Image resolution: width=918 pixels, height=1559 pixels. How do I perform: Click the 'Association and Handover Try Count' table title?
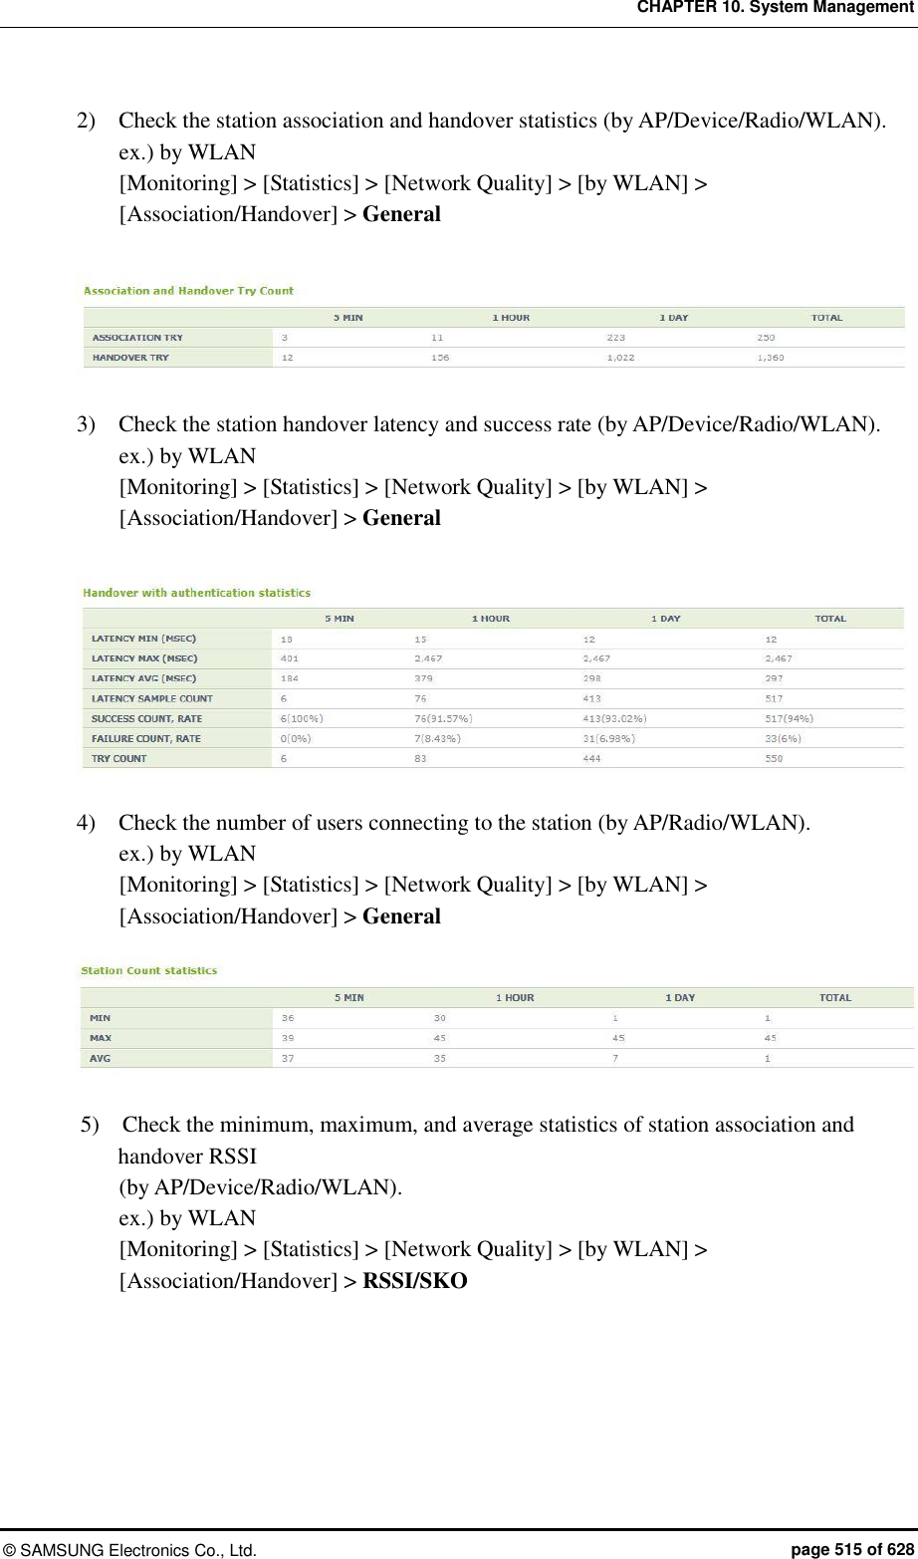188,291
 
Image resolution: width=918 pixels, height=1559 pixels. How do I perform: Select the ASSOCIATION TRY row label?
137,338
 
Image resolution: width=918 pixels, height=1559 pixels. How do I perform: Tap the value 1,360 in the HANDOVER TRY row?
770,358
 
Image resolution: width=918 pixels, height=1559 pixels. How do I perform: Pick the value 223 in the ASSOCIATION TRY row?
616,338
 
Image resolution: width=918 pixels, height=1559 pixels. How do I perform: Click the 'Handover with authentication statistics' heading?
196,593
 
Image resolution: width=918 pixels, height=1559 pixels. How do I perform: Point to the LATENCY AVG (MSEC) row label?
143,678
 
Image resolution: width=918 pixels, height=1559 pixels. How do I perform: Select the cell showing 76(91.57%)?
443,718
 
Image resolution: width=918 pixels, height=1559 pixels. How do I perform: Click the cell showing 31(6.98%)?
609,738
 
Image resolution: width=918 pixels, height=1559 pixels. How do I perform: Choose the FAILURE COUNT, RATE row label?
145,738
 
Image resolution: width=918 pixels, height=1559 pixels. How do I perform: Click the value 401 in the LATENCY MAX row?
289,658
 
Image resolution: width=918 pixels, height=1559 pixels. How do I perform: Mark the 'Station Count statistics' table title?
148,970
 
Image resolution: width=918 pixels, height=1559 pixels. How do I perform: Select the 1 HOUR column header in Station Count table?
515,997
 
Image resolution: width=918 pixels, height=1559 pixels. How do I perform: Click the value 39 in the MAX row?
288,1038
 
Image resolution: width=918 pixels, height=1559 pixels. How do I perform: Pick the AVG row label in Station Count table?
100,1058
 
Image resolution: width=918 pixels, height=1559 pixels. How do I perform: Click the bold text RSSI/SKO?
414,1280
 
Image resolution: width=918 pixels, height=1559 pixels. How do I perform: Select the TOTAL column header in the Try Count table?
826,318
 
